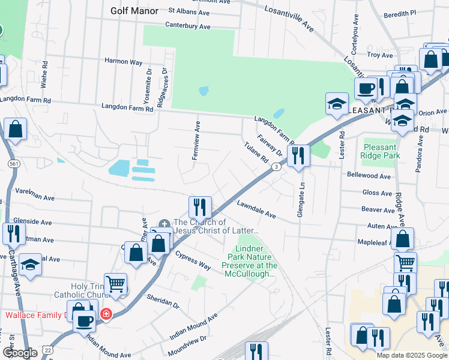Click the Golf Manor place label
pyautogui.click(x=134, y=11)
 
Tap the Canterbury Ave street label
pyautogui.click(x=188, y=27)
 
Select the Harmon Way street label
pyautogui.click(x=123, y=61)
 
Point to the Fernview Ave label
pyautogui.click(x=196, y=140)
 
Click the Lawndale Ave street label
pyautogui.click(x=256, y=209)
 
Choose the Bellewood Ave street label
pyautogui.click(x=369, y=176)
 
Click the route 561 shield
pyautogui.click(x=13, y=163)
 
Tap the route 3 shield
pyautogui.click(x=276, y=167)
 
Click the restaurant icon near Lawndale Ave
pyautogui.click(x=200, y=206)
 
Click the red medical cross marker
pyautogui.click(x=106, y=314)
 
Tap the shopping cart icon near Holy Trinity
pyautogui.click(x=115, y=284)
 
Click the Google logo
pyautogui.click(x=20, y=353)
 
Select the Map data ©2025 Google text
pyautogui.click(x=412, y=355)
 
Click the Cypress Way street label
pyautogui.click(x=193, y=260)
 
